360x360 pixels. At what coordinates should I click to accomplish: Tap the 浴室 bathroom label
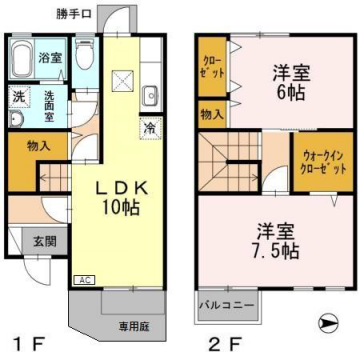pyautogui.click(x=50, y=58)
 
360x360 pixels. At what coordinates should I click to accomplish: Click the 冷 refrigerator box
pyautogui.click(x=148, y=127)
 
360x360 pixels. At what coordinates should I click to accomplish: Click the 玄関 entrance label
pyautogui.click(x=45, y=240)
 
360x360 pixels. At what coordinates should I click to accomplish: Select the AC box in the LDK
pyautogui.click(x=85, y=280)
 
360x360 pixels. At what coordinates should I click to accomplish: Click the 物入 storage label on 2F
pyautogui.click(x=212, y=115)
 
